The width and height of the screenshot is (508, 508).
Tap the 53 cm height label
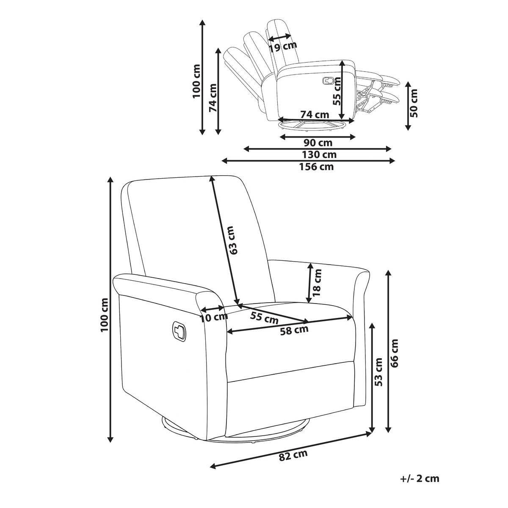tap(379, 372)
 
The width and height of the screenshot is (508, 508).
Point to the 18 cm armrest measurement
tap(317, 283)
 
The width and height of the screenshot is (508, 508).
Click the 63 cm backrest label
tap(233, 240)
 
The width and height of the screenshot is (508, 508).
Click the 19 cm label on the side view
tap(283, 47)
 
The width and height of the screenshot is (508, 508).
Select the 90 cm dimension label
tap(317, 143)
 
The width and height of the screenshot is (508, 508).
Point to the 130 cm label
tap(319, 155)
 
